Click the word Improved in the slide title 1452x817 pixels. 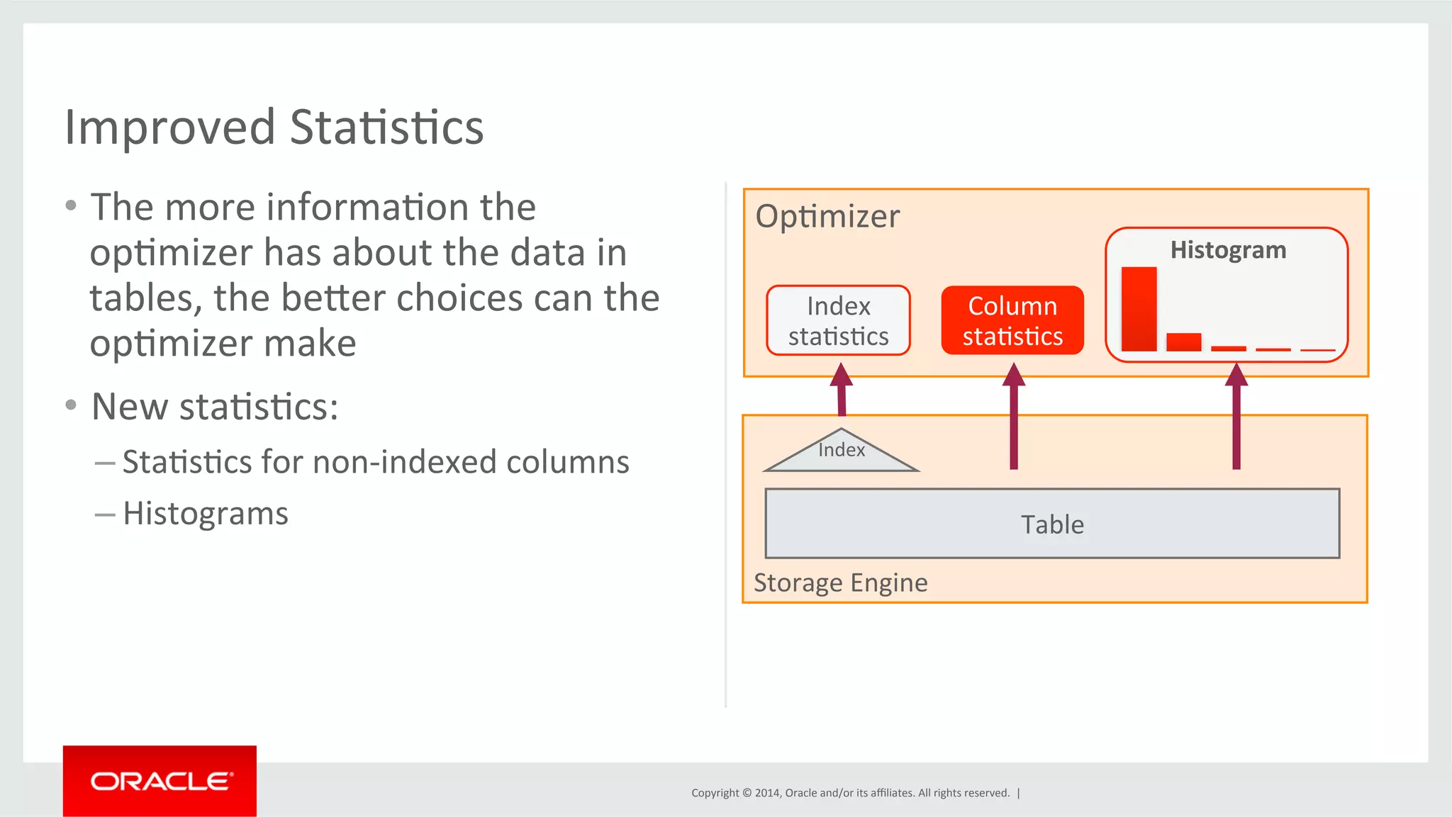[169, 128]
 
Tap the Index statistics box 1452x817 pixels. [838, 321]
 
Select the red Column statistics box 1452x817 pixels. [1012, 321]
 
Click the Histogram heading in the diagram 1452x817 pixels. [1228, 250]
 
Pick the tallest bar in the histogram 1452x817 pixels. [1139, 309]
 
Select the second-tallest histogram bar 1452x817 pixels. [1183, 342]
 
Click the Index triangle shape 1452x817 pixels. [842, 453]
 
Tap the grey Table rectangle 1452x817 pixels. [1052, 524]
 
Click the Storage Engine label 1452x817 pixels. [840, 583]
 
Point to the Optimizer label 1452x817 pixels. [827, 216]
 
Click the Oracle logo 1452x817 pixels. [160, 782]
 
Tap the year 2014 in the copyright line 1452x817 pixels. [767, 793]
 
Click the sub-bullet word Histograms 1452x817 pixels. [206, 514]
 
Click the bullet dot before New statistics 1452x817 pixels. [70, 405]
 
